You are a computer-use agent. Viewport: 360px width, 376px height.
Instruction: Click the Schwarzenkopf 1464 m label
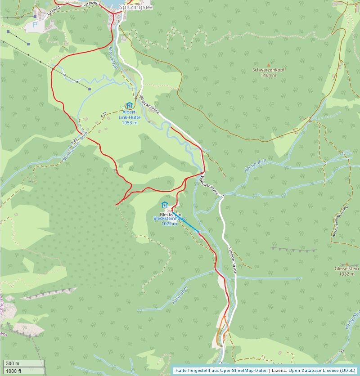(x=269, y=73)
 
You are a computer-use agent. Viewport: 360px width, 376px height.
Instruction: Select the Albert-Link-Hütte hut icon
(x=130, y=105)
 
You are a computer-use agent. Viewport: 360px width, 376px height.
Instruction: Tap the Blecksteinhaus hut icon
(x=164, y=205)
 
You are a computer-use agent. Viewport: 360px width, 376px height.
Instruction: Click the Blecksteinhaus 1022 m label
(x=167, y=221)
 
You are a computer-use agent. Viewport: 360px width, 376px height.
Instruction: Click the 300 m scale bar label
(x=13, y=363)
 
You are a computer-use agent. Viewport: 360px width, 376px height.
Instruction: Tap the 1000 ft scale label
(x=13, y=371)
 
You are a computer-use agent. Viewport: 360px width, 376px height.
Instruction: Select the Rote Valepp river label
(x=113, y=58)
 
